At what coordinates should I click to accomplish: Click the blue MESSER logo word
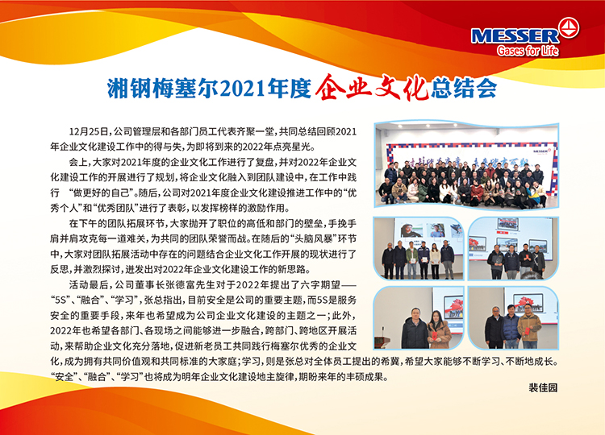(x=515, y=36)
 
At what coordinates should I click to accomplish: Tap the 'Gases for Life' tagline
(x=528, y=51)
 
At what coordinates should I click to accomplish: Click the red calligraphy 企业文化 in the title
(x=373, y=87)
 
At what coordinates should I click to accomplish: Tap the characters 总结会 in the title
(x=464, y=89)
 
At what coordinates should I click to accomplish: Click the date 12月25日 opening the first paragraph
(x=89, y=132)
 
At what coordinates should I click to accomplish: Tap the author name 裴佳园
(x=543, y=387)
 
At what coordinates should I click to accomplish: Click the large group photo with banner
(x=466, y=165)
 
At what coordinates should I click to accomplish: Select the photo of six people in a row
(x=418, y=249)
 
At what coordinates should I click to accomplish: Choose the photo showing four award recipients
(x=513, y=249)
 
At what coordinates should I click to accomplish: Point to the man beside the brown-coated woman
(x=415, y=329)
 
